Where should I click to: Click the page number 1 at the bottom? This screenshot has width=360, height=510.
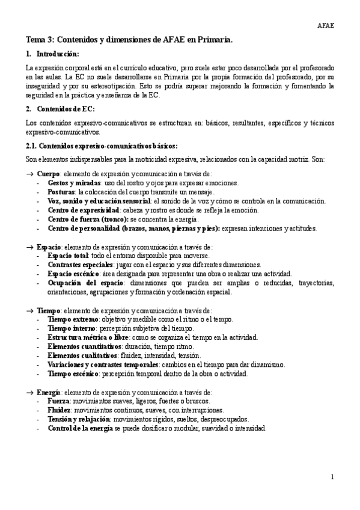(332, 477)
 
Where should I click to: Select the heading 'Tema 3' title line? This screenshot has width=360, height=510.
(129, 40)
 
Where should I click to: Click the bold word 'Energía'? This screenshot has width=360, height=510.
(49, 392)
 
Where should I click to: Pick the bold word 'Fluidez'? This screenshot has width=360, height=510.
(59, 410)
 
